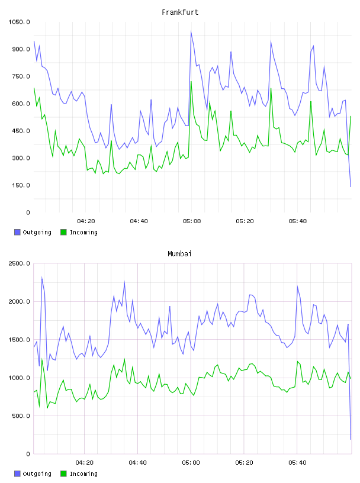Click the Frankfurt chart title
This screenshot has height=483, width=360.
coord(180,12)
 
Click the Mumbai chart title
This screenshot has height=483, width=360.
coord(179,254)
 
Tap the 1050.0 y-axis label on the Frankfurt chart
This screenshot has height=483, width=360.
coord(19,22)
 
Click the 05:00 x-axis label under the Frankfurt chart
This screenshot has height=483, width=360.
coord(192,221)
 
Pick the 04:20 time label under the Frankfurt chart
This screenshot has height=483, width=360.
coord(86,221)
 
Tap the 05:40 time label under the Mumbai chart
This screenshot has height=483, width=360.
coord(297,463)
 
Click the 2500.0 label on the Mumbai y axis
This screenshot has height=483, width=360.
coord(19,263)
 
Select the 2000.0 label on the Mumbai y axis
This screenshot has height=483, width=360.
coord(19,301)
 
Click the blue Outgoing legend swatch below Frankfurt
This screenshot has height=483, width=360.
coord(17,232)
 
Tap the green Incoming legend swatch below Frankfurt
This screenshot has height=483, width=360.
coord(63,232)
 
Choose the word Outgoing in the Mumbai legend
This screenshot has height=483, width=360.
coord(37,474)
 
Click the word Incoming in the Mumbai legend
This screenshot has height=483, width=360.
coord(83,474)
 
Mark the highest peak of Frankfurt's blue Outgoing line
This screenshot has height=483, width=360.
coord(191,31)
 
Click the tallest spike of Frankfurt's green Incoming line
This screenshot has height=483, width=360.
coord(191,81)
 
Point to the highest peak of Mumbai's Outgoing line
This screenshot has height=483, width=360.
coord(42,277)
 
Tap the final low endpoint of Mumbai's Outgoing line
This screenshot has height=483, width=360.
coord(351,439)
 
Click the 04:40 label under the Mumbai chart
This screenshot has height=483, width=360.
coord(138,463)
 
